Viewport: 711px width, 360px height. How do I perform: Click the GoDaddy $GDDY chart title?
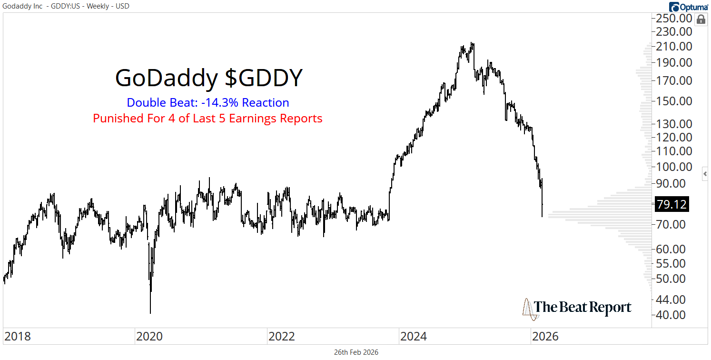208,79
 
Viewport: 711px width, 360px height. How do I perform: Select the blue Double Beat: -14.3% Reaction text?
207,103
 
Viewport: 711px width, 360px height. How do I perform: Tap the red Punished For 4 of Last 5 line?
207,118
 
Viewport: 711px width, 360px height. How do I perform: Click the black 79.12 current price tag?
671,204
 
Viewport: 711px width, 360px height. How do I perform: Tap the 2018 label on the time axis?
18,337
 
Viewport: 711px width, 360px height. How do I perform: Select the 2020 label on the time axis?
149,337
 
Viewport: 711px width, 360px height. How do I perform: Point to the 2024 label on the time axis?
414,337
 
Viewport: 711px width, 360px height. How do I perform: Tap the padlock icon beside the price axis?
701,20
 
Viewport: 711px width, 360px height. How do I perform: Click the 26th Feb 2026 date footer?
356,352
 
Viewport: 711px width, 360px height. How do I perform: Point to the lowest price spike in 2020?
150,312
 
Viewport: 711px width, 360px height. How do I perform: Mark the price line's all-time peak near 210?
472,43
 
